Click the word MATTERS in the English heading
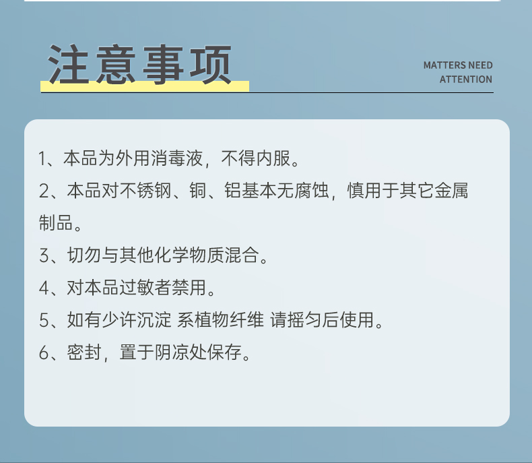(x=444, y=65)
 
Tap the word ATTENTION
(x=466, y=80)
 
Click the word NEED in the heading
(x=480, y=65)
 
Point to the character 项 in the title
(x=210, y=64)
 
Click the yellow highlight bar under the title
(x=145, y=86)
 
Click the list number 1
(x=42, y=158)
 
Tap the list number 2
(x=44, y=191)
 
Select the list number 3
(x=44, y=255)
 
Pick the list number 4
(x=44, y=288)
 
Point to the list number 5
(x=44, y=320)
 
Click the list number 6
(x=44, y=352)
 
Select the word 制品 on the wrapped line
(x=56, y=222)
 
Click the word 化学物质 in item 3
(x=189, y=255)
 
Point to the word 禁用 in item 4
(x=189, y=288)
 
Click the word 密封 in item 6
(x=84, y=352)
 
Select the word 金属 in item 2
(x=451, y=191)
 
